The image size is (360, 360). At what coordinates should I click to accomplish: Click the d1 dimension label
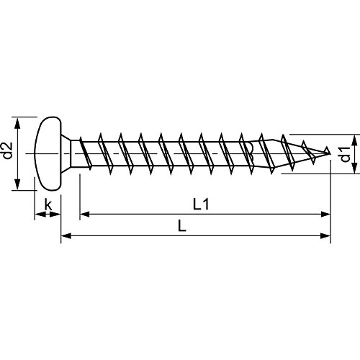pyautogui.click(x=345, y=153)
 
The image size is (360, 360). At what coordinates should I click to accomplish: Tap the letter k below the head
pyautogui.click(x=48, y=205)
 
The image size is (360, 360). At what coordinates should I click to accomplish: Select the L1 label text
pyautogui.click(x=202, y=205)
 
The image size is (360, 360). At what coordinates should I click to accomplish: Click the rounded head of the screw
pyautogui.click(x=47, y=152)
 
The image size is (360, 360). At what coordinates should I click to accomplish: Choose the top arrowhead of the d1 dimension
pyautogui.click(x=355, y=138)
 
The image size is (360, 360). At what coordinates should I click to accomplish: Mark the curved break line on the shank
pyautogui.click(x=250, y=152)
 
